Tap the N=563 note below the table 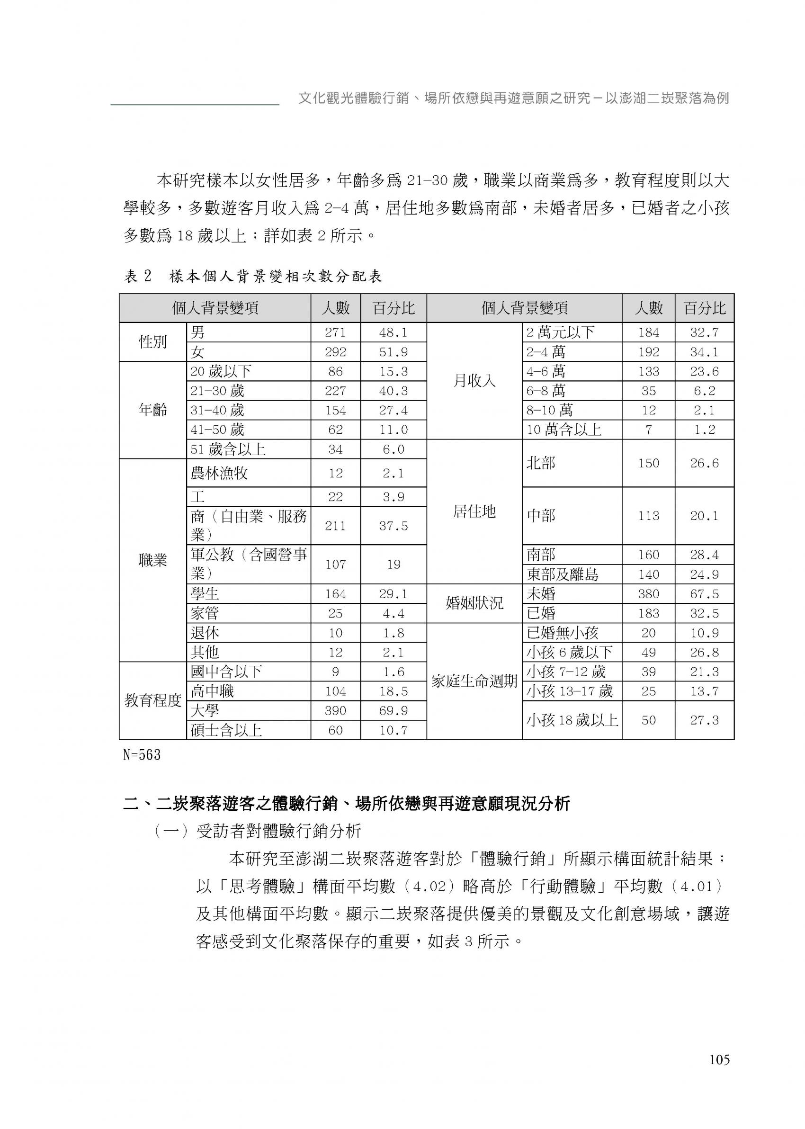pos(142,755)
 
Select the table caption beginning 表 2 pos(253,277)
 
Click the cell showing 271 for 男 pos(335,332)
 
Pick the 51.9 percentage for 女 pos(393,352)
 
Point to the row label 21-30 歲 pos(217,391)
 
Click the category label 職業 pos(152,561)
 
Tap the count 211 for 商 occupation pos(335,525)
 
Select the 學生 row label pos(205,594)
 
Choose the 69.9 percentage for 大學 pos(393,711)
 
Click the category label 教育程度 pos(152,701)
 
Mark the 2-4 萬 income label pos(545,352)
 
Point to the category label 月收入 pos(474,381)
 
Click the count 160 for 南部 pos(648,555)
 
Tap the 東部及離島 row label pos(562,574)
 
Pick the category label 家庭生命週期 pos(474,681)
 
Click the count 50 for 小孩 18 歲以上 pos(648,720)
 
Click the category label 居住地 pos(474,511)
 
